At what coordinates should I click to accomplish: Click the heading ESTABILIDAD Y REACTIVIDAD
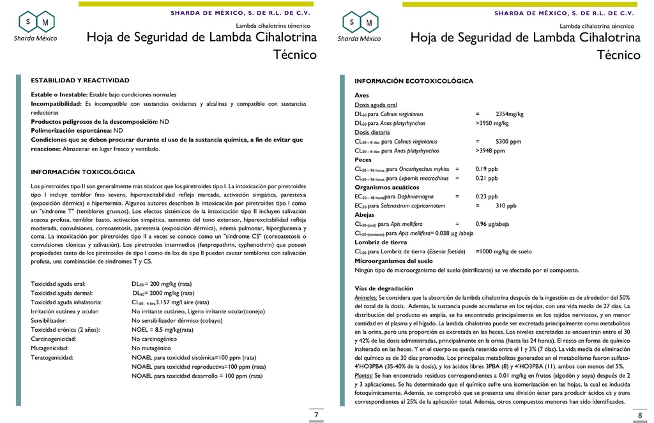(80, 80)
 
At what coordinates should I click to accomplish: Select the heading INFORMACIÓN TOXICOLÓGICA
(83, 172)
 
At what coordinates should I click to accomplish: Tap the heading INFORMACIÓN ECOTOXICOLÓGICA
(414, 81)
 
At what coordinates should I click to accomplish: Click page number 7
(316, 415)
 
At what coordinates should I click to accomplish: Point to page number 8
(640, 415)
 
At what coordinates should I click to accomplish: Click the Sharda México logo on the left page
(36, 26)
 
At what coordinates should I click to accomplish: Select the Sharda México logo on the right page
(360, 26)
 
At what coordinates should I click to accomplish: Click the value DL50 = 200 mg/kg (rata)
(162, 283)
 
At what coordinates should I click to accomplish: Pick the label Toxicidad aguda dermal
(59, 292)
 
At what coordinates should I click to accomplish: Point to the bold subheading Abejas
(365, 215)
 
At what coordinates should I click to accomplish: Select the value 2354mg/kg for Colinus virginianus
(509, 114)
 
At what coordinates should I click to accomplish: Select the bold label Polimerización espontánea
(71, 130)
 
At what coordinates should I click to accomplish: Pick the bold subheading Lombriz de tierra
(381, 242)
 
